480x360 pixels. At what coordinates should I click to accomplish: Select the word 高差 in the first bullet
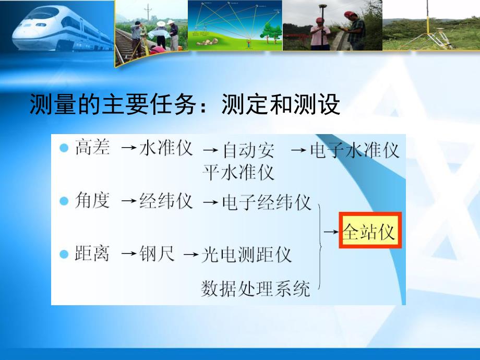(x=92, y=148)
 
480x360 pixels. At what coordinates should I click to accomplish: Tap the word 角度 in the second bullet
(x=92, y=201)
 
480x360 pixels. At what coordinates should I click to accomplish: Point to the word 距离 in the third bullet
(x=92, y=254)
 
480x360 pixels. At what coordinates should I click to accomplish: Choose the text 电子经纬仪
(x=267, y=202)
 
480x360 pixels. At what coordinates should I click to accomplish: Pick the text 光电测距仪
(x=247, y=255)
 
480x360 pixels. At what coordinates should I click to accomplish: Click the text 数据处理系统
(x=256, y=287)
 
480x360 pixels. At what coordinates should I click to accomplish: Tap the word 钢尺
(x=157, y=255)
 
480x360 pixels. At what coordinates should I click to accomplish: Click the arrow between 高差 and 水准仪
(x=129, y=149)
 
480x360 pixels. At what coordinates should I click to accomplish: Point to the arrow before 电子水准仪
(x=298, y=150)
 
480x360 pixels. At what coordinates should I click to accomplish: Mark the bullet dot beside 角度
(x=64, y=201)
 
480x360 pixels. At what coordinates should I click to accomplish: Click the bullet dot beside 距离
(x=64, y=254)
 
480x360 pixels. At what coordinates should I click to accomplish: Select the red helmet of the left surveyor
(x=319, y=20)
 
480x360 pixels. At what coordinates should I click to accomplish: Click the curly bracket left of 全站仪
(x=318, y=245)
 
